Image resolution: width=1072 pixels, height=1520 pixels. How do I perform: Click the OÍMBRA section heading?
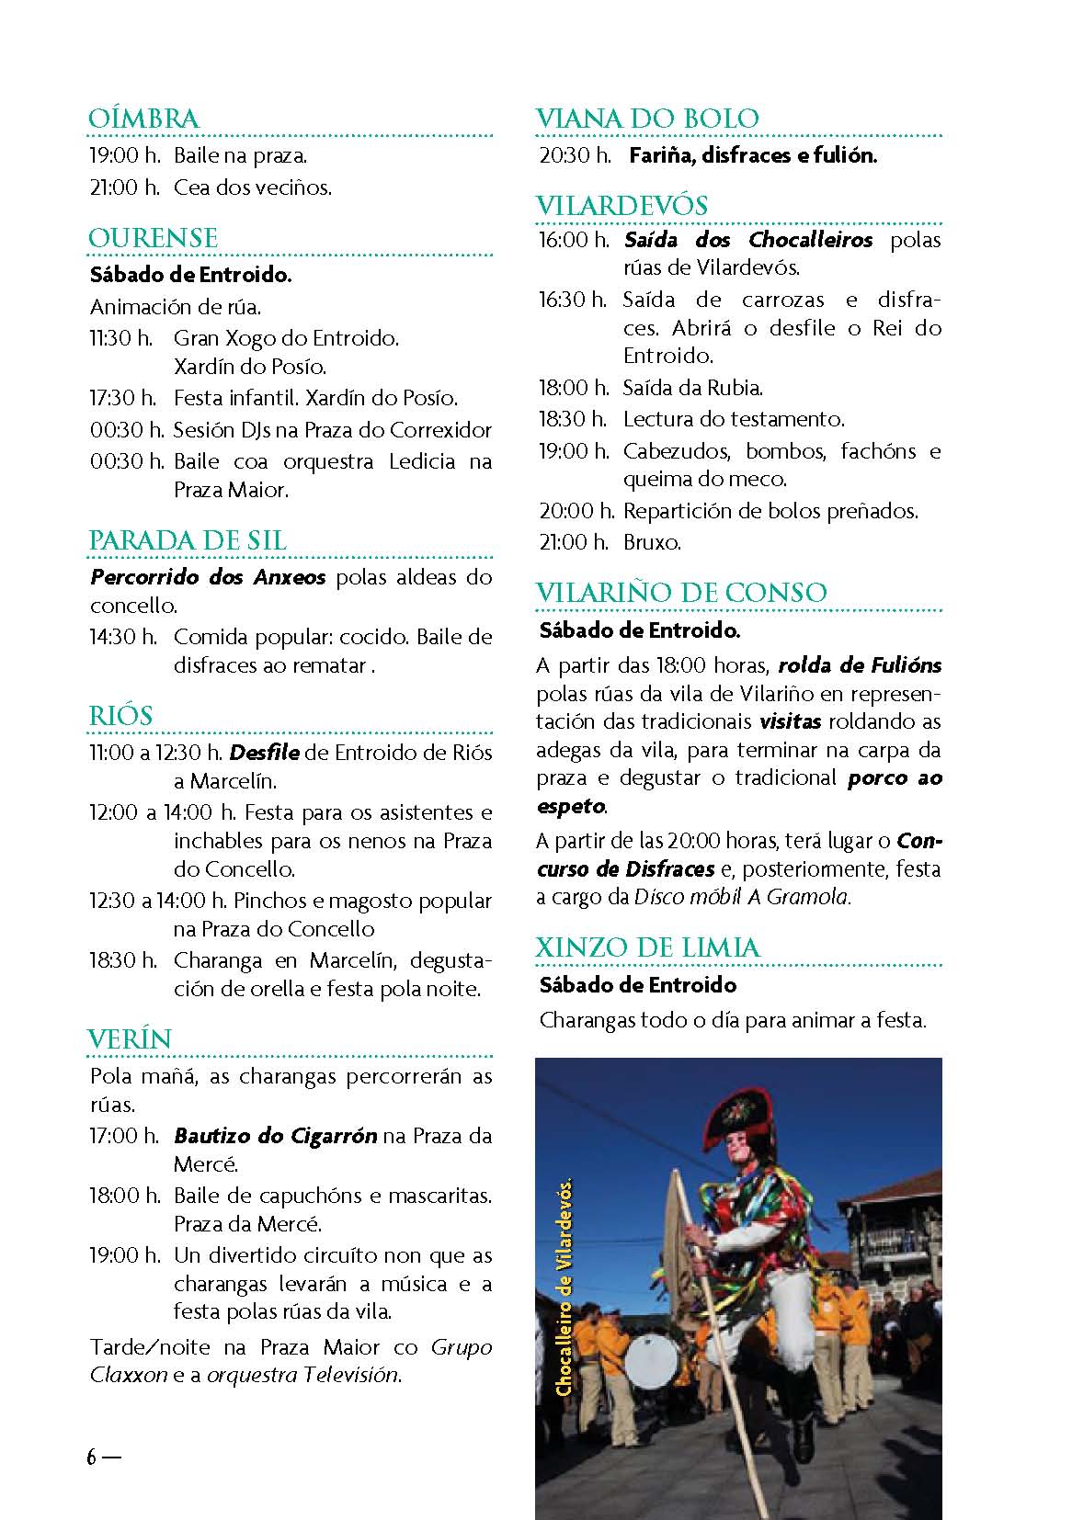pos(143,119)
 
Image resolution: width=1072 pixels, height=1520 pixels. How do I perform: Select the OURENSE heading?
pos(154,238)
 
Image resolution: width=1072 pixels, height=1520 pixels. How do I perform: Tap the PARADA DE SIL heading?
pos(188,540)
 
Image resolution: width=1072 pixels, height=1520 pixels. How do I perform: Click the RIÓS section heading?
pos(120,715)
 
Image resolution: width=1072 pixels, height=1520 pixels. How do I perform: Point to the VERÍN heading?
pos(130,1039)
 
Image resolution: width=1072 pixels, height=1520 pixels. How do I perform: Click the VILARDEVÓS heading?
pos(622,205)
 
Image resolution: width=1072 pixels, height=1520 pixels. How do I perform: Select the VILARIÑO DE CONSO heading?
pos(681,593)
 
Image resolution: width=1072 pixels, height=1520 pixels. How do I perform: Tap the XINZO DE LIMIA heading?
pos(648,947)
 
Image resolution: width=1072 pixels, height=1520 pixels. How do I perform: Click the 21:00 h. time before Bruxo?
pos(574,542)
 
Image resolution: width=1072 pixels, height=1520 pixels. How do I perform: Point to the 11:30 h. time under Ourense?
pos(121,338)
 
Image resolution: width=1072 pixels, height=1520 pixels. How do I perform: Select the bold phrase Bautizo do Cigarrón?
pos(275,1136)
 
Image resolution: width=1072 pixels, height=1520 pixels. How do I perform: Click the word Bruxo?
pos(652,542)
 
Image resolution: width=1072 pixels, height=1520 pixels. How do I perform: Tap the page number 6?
pos(92,1457)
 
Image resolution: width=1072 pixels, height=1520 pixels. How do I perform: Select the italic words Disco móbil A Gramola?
pos(743,897)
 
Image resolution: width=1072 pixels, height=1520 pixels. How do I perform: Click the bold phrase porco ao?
pos(895,778)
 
